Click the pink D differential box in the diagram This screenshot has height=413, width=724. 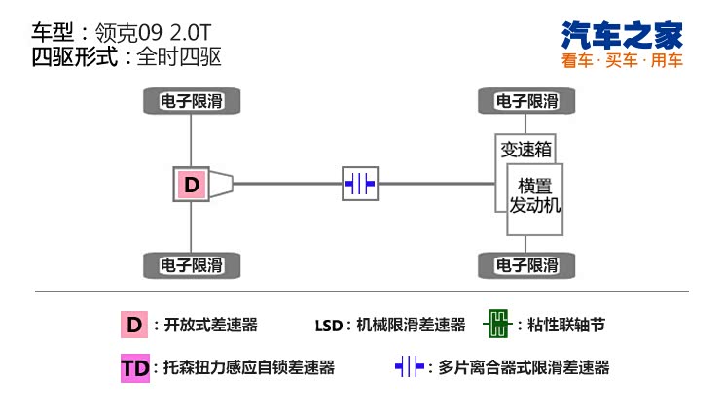coord(192,184)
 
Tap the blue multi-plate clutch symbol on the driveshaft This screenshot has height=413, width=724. coord(359,183)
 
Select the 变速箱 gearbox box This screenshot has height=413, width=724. coord(525,150)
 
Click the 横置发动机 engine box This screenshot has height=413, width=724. coord(535,197)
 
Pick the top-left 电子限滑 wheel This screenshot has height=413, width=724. coord(192,101)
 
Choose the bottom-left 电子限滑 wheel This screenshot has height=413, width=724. coord(192,264)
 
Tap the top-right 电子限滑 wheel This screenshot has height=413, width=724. coord(526,101)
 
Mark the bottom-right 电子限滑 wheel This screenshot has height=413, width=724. coord(526,264)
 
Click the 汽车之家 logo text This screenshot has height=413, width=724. coord(623,35)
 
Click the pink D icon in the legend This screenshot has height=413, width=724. coord(133,325)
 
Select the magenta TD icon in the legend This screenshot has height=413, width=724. coord(134,368)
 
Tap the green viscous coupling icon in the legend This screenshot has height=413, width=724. coord(497,325)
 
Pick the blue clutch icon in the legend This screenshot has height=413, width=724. coord(410,367)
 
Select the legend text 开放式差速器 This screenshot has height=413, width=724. coord(212,325)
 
